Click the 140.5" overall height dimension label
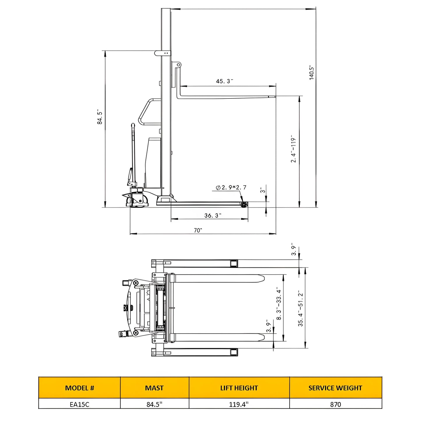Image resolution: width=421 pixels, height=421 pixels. (312, 73)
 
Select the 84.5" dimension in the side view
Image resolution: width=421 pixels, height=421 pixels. (100, 117)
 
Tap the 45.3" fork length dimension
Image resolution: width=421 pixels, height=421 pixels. (224, 81)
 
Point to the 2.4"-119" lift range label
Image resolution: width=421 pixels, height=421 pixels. (294, 149)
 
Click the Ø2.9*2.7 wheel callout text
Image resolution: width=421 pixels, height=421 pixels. (231, 188)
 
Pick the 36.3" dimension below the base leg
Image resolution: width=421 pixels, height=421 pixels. (212, 216)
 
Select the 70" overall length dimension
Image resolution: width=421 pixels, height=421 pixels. (198, 230)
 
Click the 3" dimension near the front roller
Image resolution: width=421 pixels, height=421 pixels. (263, 191)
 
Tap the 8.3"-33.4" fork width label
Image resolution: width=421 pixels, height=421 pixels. (279, 304)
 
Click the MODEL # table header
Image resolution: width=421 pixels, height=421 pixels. (80, 388)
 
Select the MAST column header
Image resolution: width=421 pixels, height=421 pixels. (154, 388)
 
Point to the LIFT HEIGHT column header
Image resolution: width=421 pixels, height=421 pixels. (239, 388)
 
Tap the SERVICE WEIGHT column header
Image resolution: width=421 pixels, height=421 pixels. (335, 388)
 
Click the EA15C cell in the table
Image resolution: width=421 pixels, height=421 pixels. (80, 404)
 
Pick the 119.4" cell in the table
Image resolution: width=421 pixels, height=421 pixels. (239, 404)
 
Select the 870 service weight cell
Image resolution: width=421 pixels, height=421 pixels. (335, 404)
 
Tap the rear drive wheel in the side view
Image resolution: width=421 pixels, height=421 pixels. (137, 202)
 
